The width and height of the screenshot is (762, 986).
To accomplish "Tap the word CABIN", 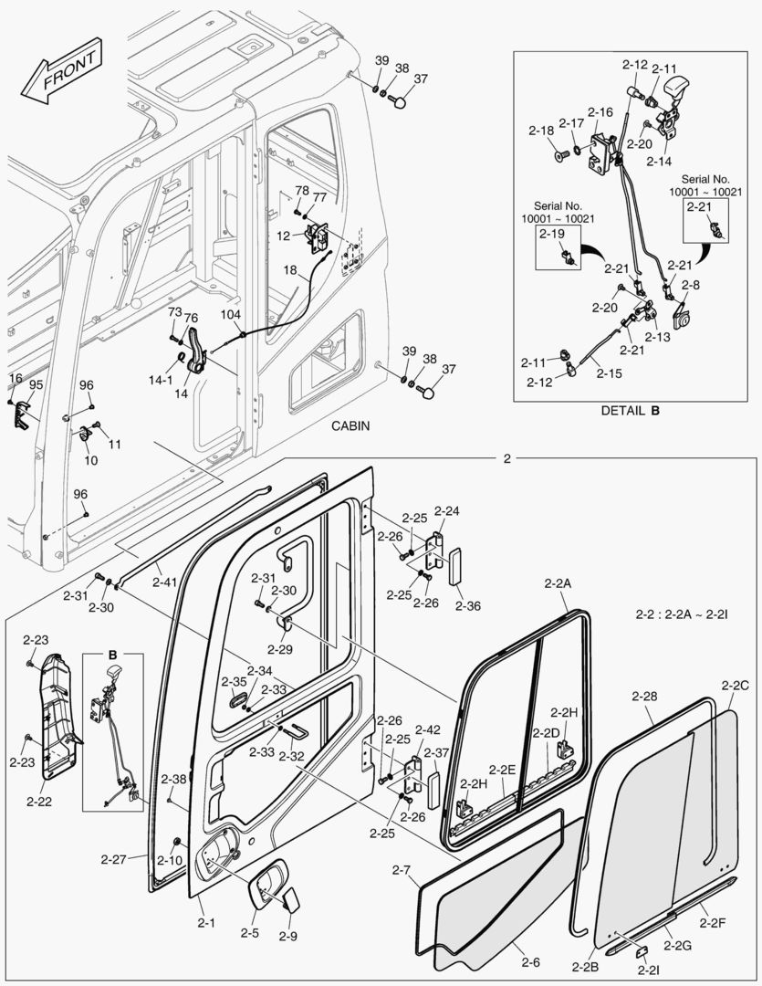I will coord(350,426).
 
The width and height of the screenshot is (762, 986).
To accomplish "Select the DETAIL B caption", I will coord(630,410).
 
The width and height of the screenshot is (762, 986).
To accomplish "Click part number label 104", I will coord(230,313).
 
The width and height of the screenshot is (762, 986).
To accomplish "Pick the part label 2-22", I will coord(39,802).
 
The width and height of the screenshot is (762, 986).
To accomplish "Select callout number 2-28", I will coord(644,697).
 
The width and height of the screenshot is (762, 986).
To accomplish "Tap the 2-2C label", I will coord(735,685).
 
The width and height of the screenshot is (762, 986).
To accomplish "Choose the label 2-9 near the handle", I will coord(287,936).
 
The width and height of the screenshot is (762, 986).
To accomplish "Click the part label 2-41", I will coord(165,582).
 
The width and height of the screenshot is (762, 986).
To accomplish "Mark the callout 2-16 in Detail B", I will coord(600,111).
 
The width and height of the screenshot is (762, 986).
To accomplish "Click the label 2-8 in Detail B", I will coord(690,285).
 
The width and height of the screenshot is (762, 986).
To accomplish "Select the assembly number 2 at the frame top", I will coord(507,458).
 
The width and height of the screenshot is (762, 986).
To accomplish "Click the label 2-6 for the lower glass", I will coord(530,960).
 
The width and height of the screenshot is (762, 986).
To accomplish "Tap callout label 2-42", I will coord(427,729).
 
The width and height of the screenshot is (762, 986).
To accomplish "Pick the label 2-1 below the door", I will coord(206,923).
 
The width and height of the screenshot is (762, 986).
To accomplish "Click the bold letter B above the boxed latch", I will coord(113,656).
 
